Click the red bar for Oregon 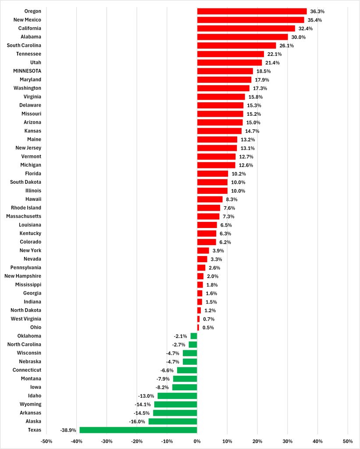pos(252,11)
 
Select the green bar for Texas pos(138,430)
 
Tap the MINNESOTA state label pos(28,71)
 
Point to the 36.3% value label pos(317,11)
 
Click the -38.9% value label pos(68,430)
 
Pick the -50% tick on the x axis pos(46,441)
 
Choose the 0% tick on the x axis pos(197,441)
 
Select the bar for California pos(246,29)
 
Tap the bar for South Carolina pos(236,46)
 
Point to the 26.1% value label pos(287,46)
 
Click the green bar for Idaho pos(177,396)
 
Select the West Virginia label pos(26,319)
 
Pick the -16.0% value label pos(138,421)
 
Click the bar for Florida pos(212,174)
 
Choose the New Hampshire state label pos(23,276)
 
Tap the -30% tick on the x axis pos(107,441)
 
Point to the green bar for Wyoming pos(175,404)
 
